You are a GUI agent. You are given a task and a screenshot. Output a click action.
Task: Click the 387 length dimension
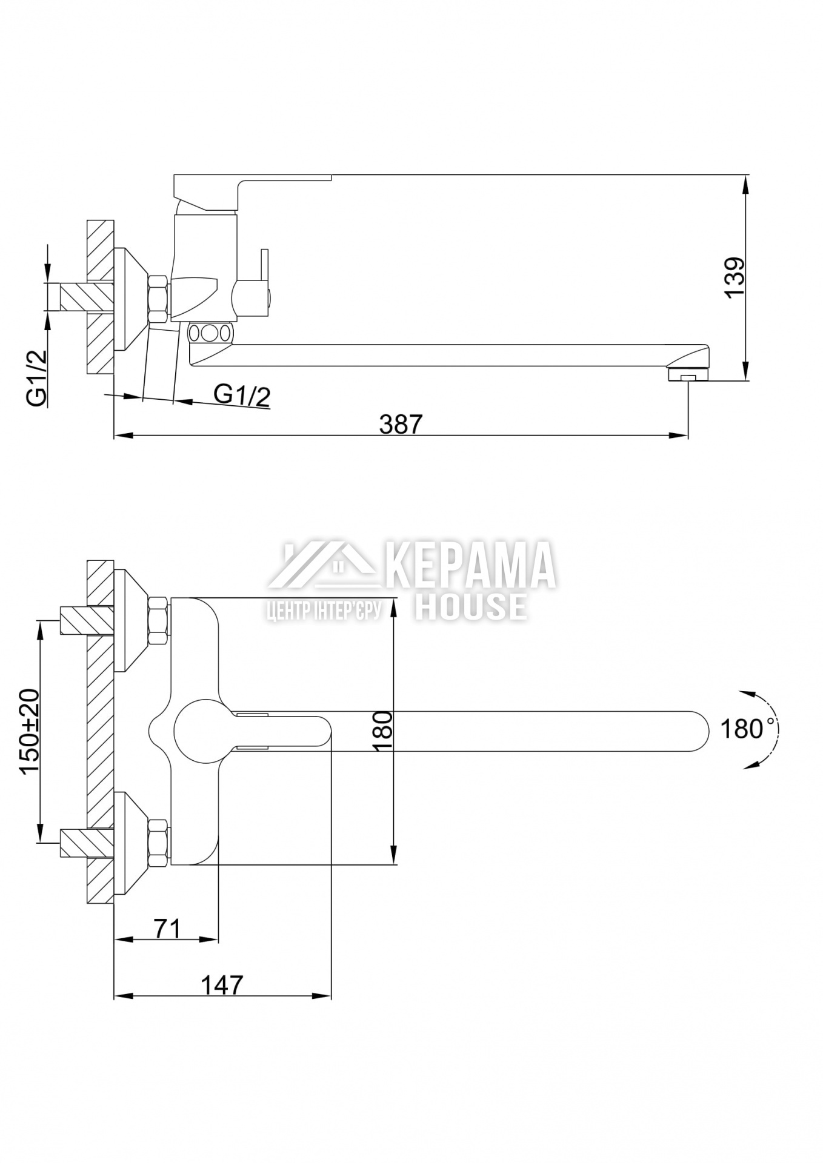click(x=400, y=424)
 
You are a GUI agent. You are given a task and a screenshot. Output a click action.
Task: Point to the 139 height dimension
click(x=735, y=277)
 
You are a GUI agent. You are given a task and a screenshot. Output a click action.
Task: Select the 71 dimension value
click(x=167, y=929)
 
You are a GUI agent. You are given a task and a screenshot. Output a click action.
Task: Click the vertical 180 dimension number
click(x=383, y=731)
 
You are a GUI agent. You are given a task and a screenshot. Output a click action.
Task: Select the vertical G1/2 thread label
click(x=36, y=379)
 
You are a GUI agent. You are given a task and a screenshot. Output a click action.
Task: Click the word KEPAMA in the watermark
click(x=470, y=565)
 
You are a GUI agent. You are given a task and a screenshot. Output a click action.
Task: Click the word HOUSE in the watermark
click(x=471, y=606)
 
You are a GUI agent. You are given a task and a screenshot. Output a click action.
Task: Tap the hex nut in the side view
click(x=159, y=299)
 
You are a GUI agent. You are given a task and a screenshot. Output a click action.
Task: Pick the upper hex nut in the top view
click(x=159, y=620)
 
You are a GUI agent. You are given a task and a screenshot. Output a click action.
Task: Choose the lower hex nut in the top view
click(x=159, y=843)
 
